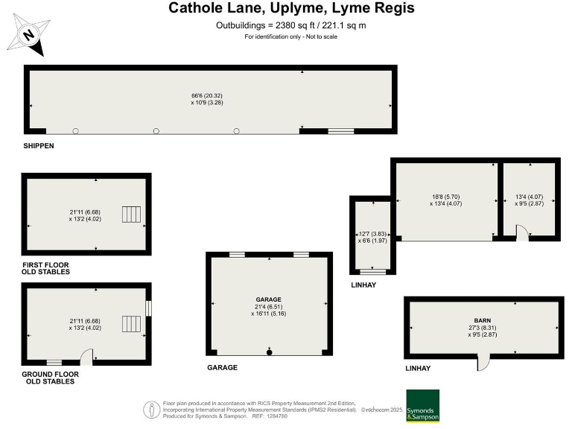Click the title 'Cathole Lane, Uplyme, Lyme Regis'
291,9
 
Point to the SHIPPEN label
40,147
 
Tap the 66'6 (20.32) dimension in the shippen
212,95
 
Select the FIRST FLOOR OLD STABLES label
47,269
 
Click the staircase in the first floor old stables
131,214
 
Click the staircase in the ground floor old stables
131,323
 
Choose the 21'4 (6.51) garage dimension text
269,307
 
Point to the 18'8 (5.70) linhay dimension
446,197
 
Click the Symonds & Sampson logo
422,406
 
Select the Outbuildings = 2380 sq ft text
290,25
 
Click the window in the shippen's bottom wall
341,131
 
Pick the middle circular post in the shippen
156,131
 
